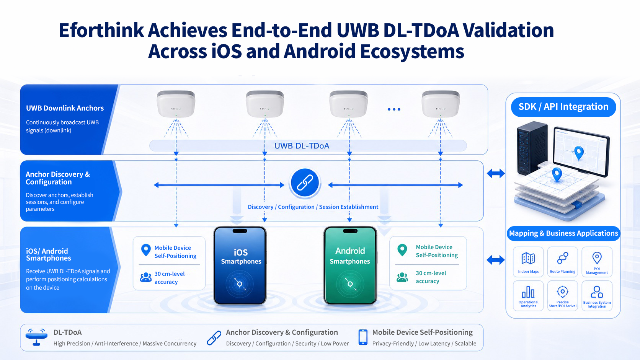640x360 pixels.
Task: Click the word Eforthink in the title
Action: coord(101,30)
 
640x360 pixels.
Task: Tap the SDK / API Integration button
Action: coord(563,107)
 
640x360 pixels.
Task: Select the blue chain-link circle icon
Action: coord(305,183)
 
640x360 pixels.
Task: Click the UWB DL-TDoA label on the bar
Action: coord(302,146)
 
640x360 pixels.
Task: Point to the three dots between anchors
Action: coord(394,109)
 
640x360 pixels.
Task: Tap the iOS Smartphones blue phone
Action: coord(240,266)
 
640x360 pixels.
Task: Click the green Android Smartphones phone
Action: coord(350,266)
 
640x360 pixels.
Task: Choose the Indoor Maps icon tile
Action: coord(528,262)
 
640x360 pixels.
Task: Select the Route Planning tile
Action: coord(563,262)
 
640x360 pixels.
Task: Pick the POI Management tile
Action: coord(597,262)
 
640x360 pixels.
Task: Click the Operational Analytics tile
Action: coord(528,295)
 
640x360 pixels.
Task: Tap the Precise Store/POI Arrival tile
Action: coord(563,295)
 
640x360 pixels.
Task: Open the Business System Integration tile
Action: coord(597,295)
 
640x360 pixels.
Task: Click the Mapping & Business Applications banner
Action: coord(563,233)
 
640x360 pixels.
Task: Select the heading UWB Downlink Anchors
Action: coord(65,108)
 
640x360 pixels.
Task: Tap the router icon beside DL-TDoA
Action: coord(36,337)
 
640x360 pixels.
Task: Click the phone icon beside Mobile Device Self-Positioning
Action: coord(363,337)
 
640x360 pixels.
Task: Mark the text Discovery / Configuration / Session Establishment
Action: coord(313,207)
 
